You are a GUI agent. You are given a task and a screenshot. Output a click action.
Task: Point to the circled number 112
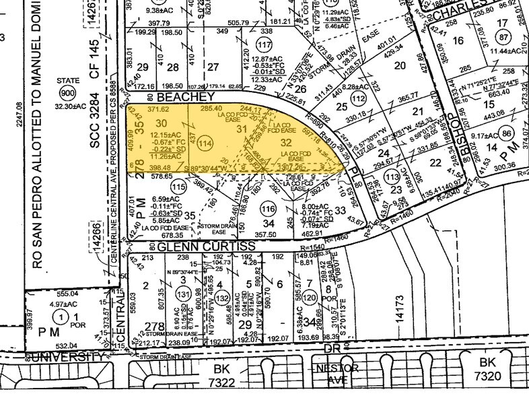coord(357,99)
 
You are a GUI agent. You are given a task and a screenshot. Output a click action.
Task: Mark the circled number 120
coord(310,296)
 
